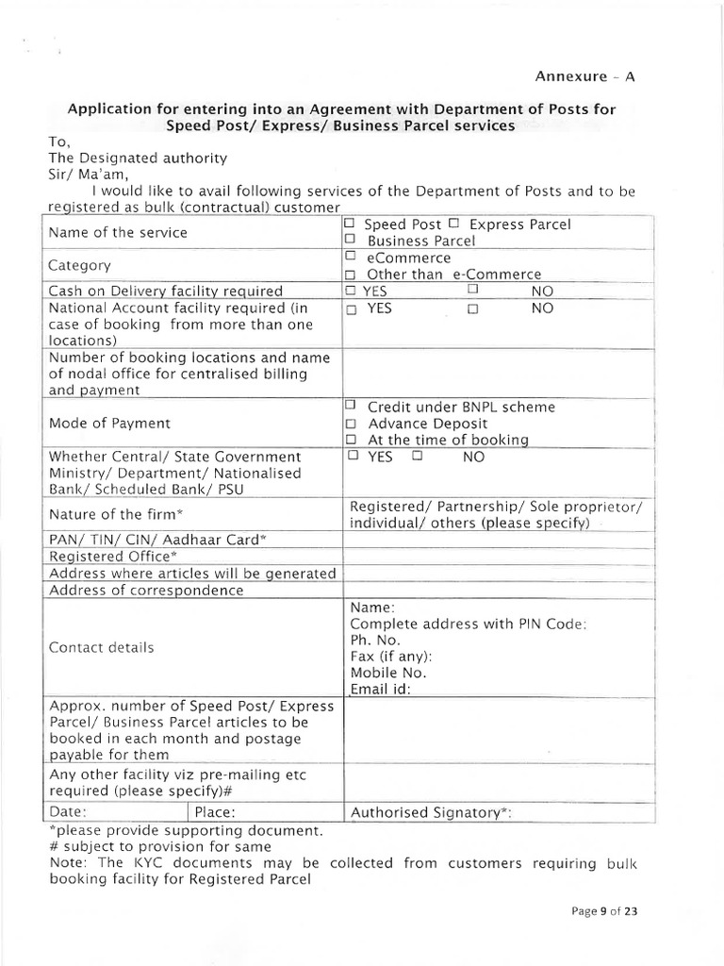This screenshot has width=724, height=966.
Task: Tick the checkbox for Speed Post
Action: [350, 224]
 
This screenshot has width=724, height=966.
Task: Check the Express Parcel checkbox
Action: [453, 224]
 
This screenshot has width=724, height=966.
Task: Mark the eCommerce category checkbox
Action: [350, 257]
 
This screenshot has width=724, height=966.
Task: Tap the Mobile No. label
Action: [387, 673]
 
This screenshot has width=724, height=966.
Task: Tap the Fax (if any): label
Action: [391, 656]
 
